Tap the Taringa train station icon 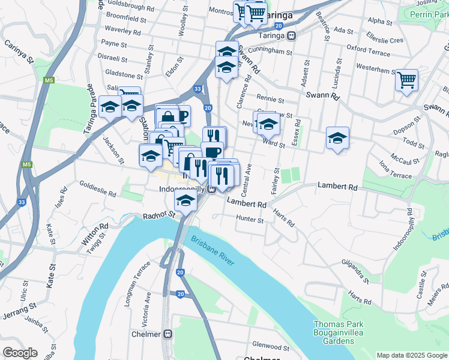[x=291, y=35]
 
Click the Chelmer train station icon [x=168, y=334]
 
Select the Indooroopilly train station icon [x=211, y=189]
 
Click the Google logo [x=20, y=353]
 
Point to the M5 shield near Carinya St [x=49, y=80]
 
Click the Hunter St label [x=250, y=220]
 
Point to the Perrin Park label [x=431, y=13]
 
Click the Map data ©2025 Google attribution [x=412, y=355]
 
